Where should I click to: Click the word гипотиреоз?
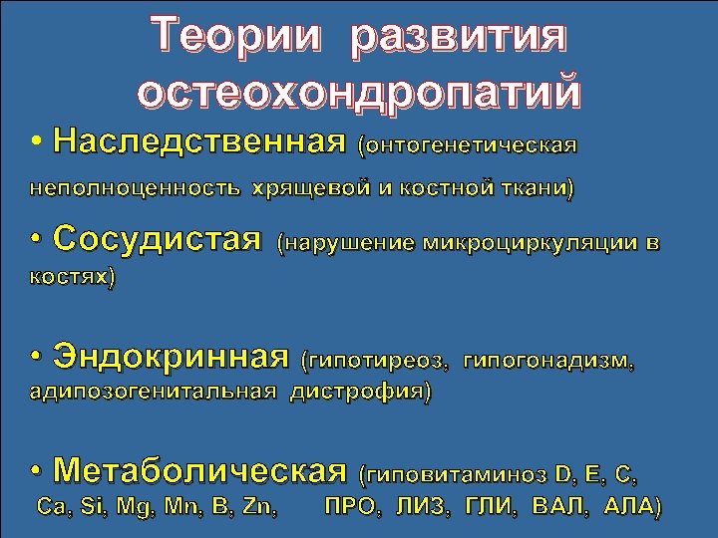coord(380,359)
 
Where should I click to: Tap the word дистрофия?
coord(360,393)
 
